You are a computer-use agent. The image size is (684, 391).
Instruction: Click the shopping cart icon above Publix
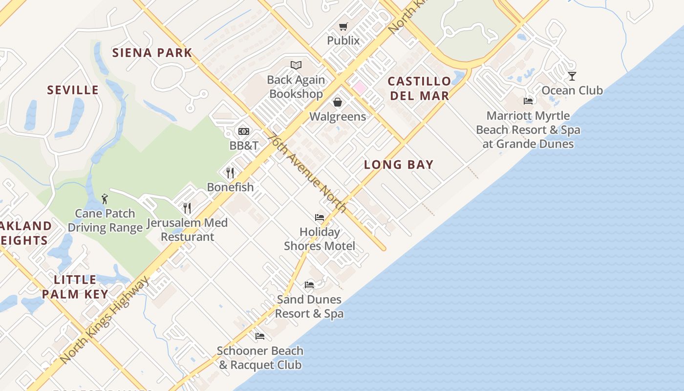click(343, 26)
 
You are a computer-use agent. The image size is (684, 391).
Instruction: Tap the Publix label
click(343, 41)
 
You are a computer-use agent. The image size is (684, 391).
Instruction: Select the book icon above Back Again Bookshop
click(296, 65)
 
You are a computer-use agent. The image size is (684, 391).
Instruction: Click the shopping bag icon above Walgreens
click(338, 102)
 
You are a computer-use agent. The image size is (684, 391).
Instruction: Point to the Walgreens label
click(338, 116)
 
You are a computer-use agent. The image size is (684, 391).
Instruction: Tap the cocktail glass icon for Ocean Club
click(572, 76)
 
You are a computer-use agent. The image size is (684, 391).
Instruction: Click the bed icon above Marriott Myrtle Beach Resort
click(528, 101)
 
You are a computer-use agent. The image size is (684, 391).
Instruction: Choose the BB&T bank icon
click(244, 131)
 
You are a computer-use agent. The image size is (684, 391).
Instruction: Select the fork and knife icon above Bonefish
click(231, 173)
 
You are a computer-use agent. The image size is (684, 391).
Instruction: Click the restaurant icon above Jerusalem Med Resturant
click(187, 208)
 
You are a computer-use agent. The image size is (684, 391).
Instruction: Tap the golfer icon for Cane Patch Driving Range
click(105, 199)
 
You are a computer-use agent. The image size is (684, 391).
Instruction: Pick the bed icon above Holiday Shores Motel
click(320, 217)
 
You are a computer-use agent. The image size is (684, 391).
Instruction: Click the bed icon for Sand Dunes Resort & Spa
click(309, 285)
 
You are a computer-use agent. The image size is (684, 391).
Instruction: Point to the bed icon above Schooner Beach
click(260, 336)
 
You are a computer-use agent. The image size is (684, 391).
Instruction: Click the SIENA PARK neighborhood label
click(152, 53)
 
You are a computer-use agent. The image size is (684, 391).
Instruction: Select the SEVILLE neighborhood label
click(73, 90)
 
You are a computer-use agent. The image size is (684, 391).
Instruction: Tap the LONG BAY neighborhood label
click(399, 165)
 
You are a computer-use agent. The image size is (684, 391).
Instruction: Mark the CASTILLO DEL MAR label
click(420, 88)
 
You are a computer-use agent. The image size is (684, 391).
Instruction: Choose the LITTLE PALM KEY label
click(75, 287)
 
